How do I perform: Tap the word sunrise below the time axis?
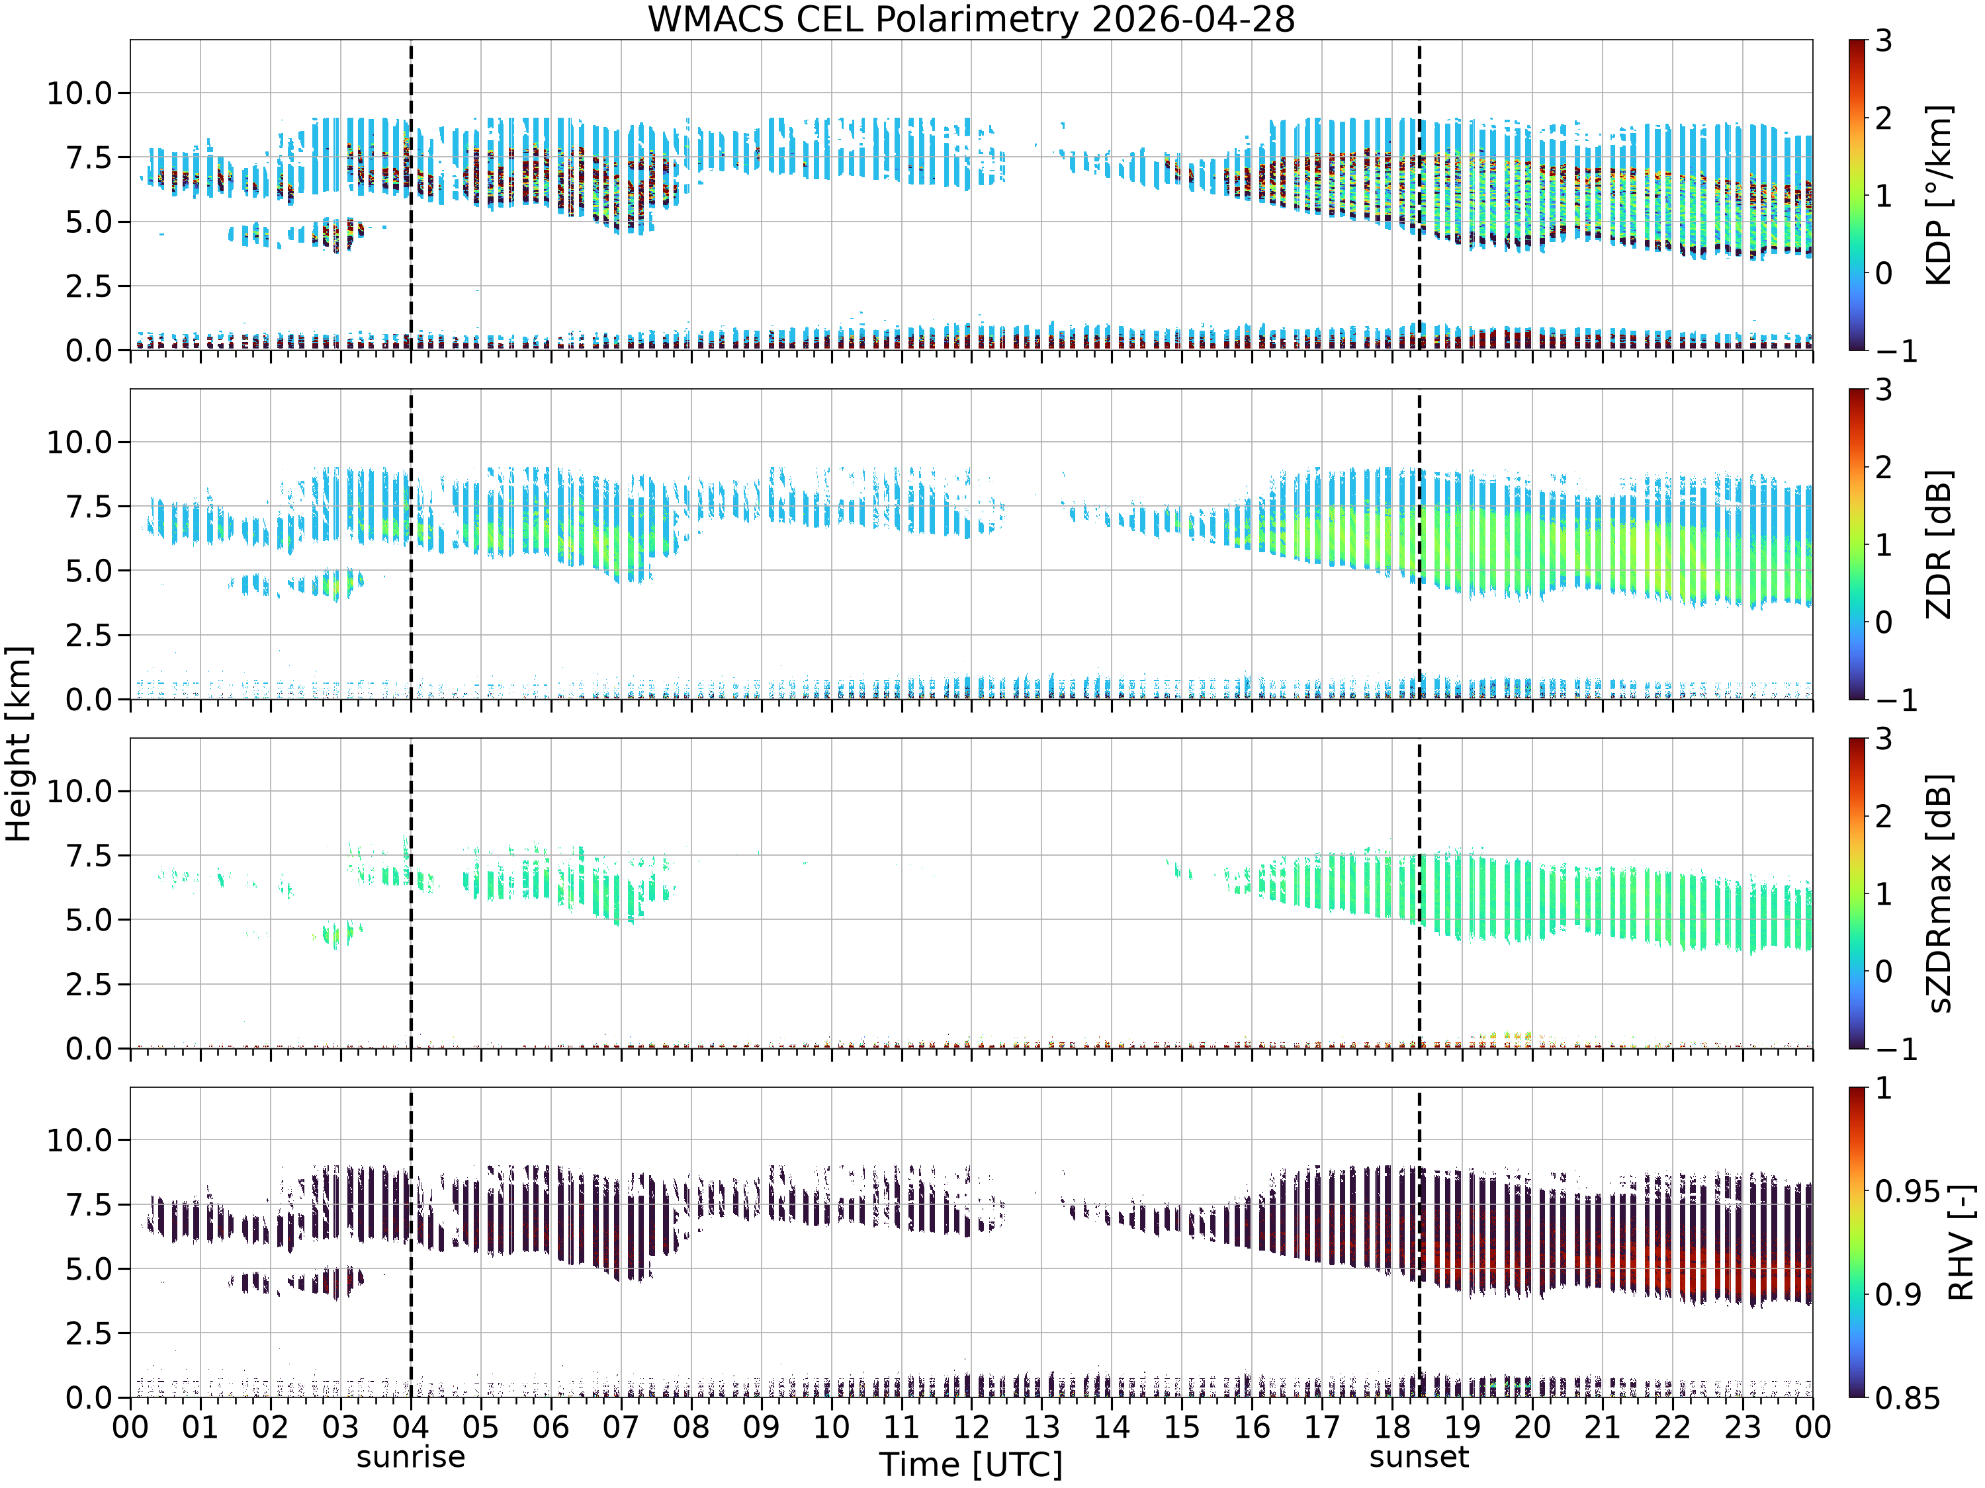(x=411, y=1458)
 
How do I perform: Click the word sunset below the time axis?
(x=1419, y=1458)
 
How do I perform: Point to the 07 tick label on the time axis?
(x=620, y=1427)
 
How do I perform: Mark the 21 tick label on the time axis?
(x=1602, y=1427)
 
